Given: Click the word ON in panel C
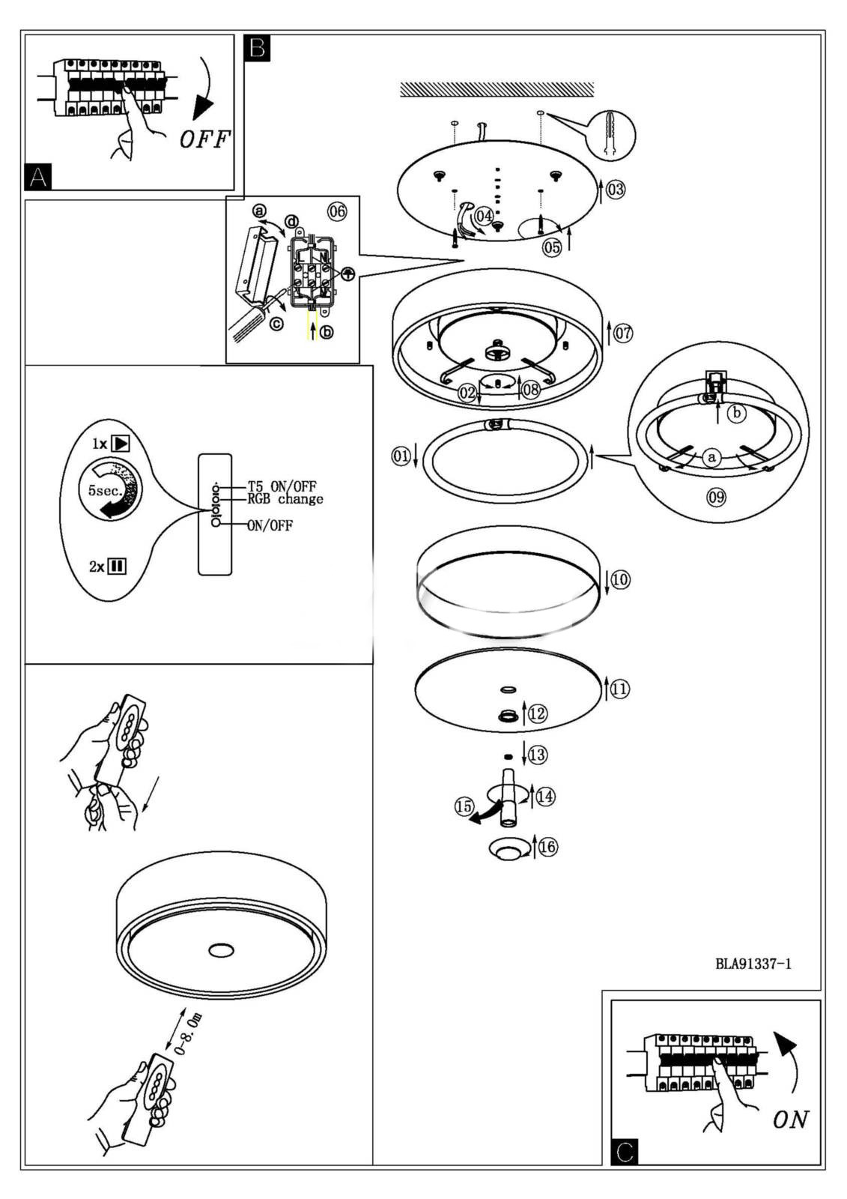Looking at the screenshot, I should click(x=791, y=1120).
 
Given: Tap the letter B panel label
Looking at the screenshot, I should click(x=258, y=49).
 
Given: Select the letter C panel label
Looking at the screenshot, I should click(x=625, y=1151).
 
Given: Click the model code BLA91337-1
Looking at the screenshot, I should click(x=753, y=964).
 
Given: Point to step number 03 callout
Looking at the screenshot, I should click(x=615, y=190).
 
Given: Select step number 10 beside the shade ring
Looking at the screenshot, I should click(x=620, y=579).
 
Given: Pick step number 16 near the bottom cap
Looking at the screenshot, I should click(x=548, y=847).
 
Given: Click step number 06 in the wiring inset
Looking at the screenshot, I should click(x=337, y=211).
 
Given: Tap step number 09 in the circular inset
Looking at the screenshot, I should click(x=717, y=496).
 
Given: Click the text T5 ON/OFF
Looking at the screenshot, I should click(x=282, y=486).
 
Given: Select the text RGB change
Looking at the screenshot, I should click(x=285, y=499).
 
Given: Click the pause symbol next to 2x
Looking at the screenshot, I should click(x=117, y=566).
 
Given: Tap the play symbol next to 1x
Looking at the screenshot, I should click(x=120, y=443).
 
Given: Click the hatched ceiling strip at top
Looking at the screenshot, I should click(x=497, y=90).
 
